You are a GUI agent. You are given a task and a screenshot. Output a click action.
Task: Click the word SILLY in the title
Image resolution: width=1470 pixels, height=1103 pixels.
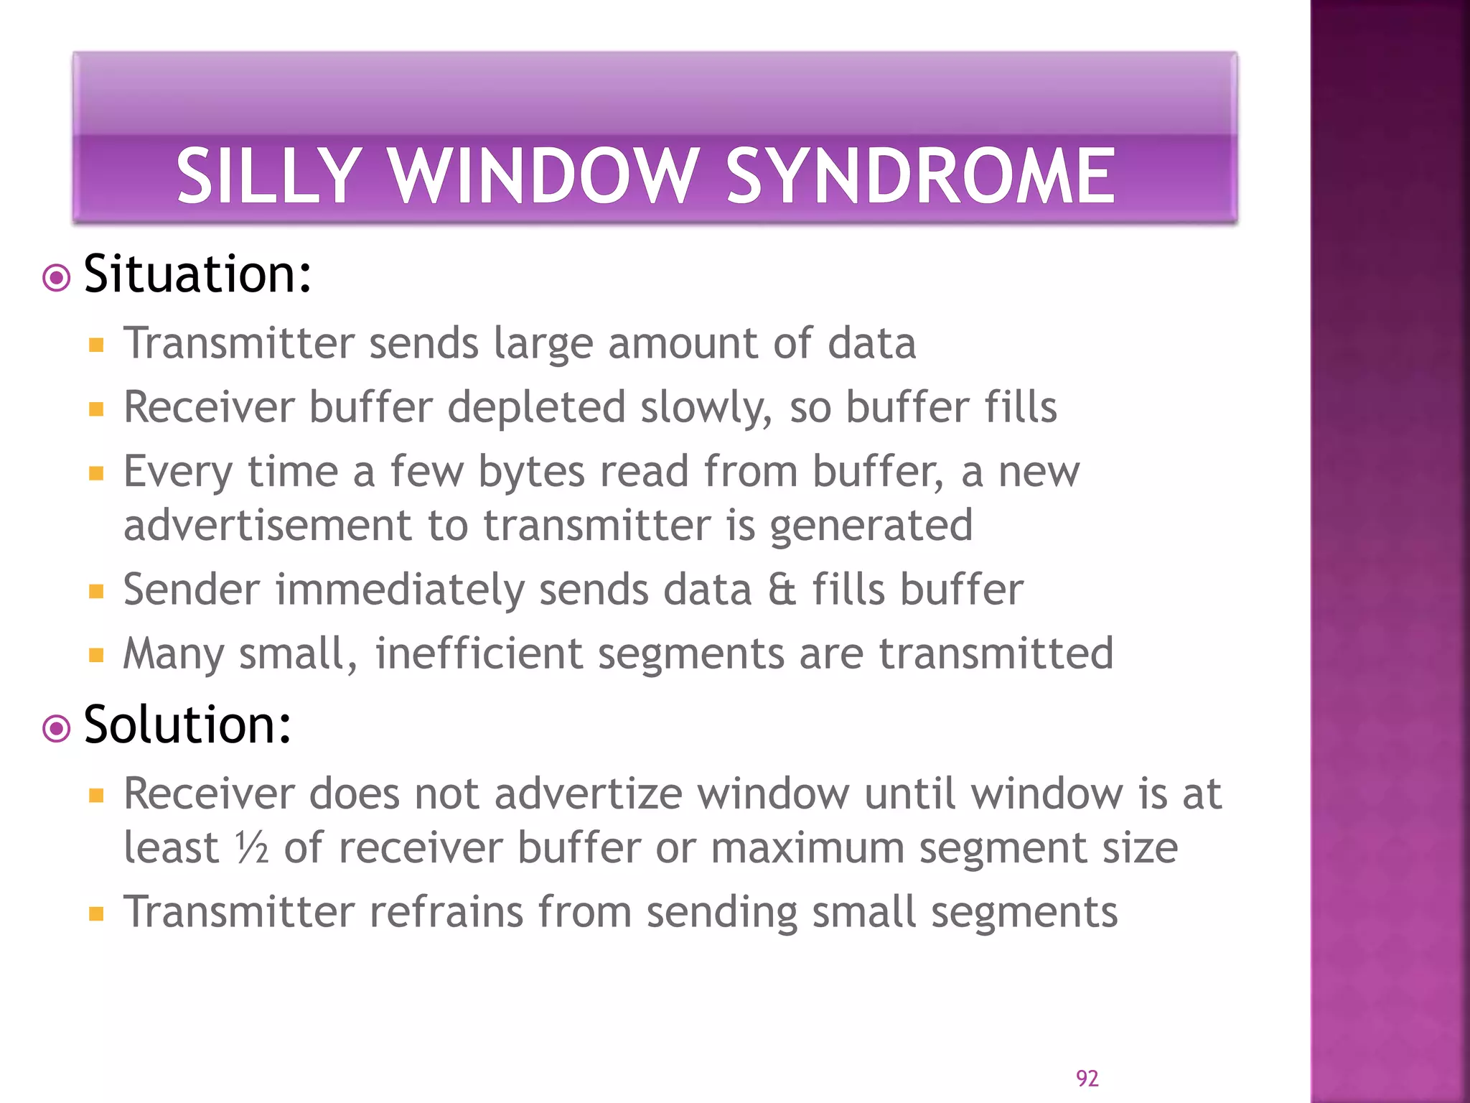[x=267, y=176]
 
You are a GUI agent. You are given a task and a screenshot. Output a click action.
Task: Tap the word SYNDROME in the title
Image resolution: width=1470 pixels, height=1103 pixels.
[x=921, y=176]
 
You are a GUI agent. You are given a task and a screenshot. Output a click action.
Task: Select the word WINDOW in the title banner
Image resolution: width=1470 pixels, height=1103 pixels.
[x=542, y=176]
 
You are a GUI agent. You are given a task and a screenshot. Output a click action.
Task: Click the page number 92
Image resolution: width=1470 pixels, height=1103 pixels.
[x=1087, y=1078]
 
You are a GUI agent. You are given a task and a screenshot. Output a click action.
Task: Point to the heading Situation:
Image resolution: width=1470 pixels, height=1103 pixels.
[x=197, y=274]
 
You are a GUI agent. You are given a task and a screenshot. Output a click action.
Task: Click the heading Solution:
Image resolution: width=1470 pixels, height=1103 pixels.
[x=187, y=725]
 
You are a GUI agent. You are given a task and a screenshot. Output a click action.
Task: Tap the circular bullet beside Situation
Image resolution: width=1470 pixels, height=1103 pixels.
[x=57, y=278]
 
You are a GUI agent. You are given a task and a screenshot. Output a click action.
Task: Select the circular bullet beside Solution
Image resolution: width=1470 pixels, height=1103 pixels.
[x=57, y=729]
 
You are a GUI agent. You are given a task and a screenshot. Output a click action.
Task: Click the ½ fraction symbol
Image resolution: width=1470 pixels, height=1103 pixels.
[x=252, y=849]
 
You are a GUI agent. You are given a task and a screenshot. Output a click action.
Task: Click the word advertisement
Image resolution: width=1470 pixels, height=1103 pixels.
[x=267, y=526]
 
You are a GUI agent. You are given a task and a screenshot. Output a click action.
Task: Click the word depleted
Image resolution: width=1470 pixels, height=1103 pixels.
[x=535, y=408]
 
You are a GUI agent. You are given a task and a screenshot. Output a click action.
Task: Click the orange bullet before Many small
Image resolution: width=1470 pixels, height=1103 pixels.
[x=96, y=656]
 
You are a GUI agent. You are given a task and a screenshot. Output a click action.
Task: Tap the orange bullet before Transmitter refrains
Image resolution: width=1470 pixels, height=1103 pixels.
[x=96, y=914]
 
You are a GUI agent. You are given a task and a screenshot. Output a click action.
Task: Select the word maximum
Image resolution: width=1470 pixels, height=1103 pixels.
[x=807, y=849]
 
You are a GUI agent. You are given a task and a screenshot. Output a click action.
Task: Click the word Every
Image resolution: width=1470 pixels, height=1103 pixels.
[x=178, y=473]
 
